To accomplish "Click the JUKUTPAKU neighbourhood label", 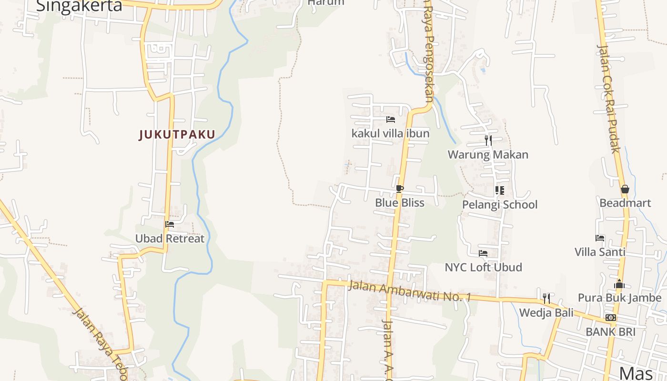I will click(x=177, y=135).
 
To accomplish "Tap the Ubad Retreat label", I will click(x=170, y=239).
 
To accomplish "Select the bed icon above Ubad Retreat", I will click(x=169, y=224).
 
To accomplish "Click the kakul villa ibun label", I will click(x=390, y=133).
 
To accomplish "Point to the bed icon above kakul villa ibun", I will click(x=391, y=120).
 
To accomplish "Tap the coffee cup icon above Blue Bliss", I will click(x=399, y=189).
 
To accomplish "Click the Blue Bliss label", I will click(x=399, y=203).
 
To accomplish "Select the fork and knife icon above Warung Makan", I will click(x=488, y=140).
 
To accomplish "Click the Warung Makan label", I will click(x=488, y=155).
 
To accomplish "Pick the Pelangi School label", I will click(x=500, y=205).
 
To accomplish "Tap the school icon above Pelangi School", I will click(x=499, y=191).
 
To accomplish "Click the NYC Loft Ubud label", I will click(x=483, y=268).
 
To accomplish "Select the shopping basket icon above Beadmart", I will click(x=625, y=190).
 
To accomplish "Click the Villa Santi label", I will click(x=600, y=252).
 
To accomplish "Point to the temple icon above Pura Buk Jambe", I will click(x=619, y=284).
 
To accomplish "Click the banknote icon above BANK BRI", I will click(x=610, y=318).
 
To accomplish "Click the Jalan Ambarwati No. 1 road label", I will click(x=409, y=291).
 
